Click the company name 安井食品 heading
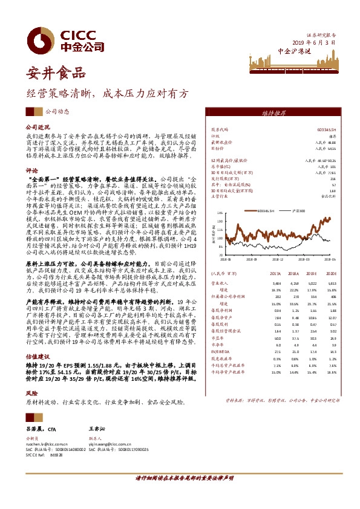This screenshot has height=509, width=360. click(54, 75)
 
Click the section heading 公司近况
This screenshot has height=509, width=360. click(36, 128)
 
